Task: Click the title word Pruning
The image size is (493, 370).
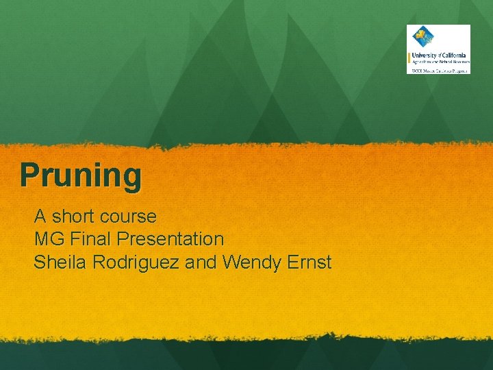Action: point(81,175)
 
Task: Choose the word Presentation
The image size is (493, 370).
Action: point(170,239)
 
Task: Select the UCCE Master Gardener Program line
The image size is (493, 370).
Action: point(439,70)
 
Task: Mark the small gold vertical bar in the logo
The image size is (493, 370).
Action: point(409,58)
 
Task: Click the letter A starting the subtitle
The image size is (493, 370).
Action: point(40,217)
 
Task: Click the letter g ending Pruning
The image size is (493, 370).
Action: point(132,177)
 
